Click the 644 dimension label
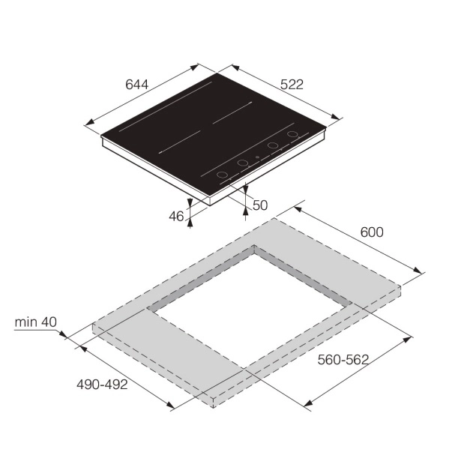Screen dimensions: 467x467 tap(136, 85)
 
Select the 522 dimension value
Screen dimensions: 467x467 tap(292, 85)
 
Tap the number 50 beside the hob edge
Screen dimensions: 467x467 tap(260, 205)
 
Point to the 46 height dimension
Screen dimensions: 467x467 tap(176, 216)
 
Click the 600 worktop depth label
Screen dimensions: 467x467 tap(372, 232)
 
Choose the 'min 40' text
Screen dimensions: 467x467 tap(35, 322)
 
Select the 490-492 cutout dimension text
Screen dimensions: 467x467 tap(102, 385)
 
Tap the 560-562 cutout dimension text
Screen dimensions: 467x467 tap(343, 360)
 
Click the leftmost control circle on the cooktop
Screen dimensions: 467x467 tap(222, 175)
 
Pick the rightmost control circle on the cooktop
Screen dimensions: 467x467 tap(293, 134)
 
